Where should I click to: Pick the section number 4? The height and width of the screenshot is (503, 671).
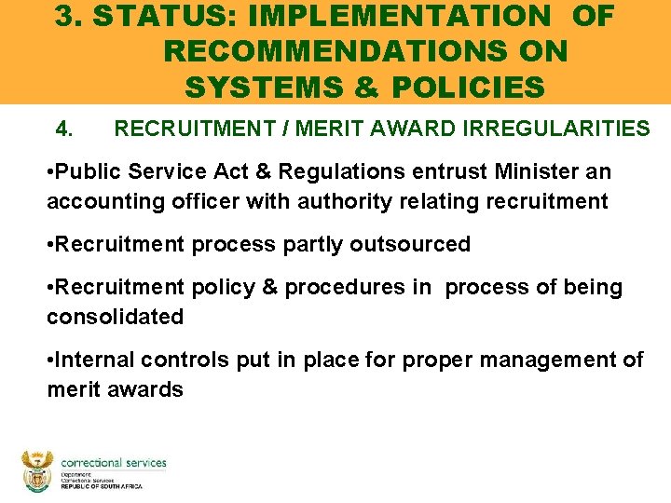(64, 129)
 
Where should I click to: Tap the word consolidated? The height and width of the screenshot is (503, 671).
(116, 317)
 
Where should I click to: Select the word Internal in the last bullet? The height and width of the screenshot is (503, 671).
(96, 360)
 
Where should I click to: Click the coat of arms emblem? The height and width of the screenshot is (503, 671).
(37, 471)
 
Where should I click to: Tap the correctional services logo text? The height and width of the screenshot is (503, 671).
(113, 463)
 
